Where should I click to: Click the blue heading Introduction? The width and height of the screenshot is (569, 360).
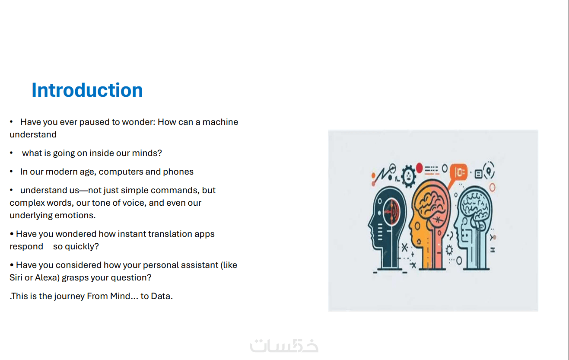tap(87, 90)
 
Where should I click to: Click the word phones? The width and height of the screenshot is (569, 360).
tap(178, 172)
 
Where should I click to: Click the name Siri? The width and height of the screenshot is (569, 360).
tap(16, 278)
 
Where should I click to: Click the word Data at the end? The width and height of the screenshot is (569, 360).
tap(162, 296)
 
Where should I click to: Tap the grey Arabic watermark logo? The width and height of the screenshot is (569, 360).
tap(284, 346)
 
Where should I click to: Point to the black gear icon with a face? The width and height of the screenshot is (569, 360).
tap(408, 176)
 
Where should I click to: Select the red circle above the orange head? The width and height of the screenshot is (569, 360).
tap(419, 168)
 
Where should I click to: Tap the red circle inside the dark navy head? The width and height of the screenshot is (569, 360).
tap(391, 212)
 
